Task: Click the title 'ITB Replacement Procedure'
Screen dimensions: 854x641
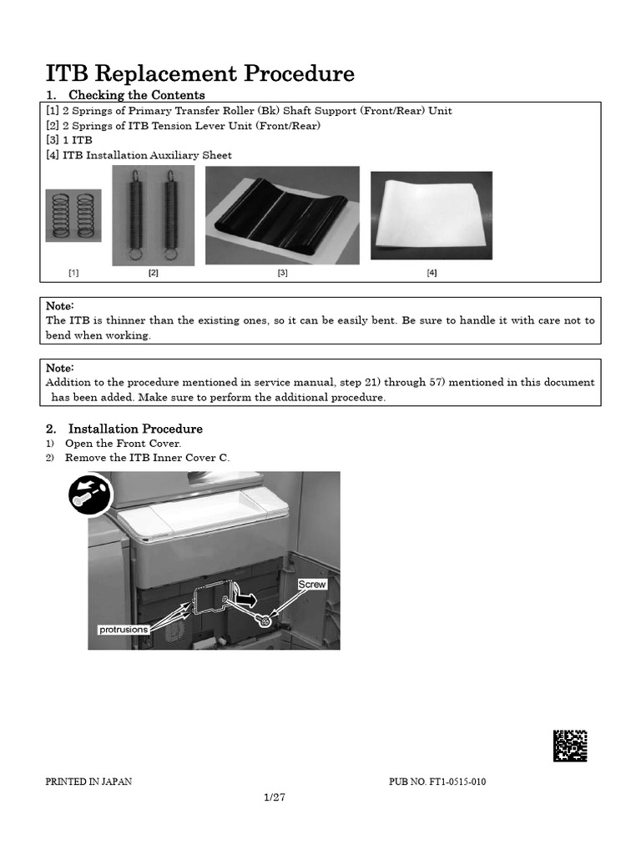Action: point(199,73)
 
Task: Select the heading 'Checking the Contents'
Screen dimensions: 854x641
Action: point(136,95)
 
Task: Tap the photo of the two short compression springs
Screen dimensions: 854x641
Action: point(73,215)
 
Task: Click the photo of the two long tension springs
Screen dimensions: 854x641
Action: point(154,215)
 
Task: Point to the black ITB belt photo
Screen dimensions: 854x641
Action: point(282,214)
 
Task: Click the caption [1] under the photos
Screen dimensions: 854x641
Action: point(73,273)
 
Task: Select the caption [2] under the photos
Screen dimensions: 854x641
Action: point(154,273)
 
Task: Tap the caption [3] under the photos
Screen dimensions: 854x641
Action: point(282,273)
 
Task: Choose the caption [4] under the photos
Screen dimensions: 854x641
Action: point(432,273)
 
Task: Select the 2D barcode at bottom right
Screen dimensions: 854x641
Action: point(569,746)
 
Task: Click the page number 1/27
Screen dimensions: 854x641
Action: point(275,797)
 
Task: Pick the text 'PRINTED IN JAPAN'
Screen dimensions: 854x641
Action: point(88,781)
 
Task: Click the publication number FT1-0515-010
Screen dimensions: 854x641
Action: point(437,781)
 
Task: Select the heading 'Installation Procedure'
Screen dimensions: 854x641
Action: point(135,429)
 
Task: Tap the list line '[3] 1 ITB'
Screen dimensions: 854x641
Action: point(69,140)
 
